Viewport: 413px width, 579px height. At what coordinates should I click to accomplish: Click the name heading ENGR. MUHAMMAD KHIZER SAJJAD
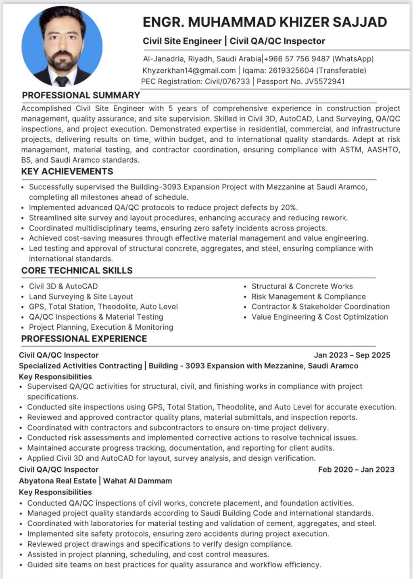pyautogui.click(x=265, y=22)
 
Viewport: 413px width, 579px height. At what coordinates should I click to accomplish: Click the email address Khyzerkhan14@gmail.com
pyautogui.click(x=189, y=70)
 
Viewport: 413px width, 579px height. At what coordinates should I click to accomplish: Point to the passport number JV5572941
pyautogui.click(x=325, y=81)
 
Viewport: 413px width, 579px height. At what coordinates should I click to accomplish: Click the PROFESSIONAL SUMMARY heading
pyautogui.click(x=81, y=95)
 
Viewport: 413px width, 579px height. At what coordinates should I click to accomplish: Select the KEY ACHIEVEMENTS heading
pyautogui.click(x=67, y=171)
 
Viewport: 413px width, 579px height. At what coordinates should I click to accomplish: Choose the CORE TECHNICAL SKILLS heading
pyautogui.click(x=77, y=270)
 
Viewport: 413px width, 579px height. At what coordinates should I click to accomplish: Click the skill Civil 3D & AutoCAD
pyautogui.click(x=63, y=286)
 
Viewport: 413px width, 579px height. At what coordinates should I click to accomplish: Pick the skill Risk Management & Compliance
pyautogui.click(x=309, y=297)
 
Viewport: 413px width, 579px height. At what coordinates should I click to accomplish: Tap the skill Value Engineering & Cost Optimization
pyautogui.click(x=319, y=317)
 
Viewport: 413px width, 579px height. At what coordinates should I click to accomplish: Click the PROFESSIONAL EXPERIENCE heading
pyautogui.click(x=84, y=339)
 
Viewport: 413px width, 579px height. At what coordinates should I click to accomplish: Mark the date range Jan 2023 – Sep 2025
pyautogui.click(x=352, y=355)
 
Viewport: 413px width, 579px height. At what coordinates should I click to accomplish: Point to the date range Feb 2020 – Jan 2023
pyautogui.click(x=356, y=469)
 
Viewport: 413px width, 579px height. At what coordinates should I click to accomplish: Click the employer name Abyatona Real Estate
pyautogui.click(x=58, y=481)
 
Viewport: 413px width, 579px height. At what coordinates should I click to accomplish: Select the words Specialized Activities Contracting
pyautogui.click(x=80, y=366)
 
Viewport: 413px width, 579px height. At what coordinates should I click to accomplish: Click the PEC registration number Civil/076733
pyautogui.click(x=227, y=81)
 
